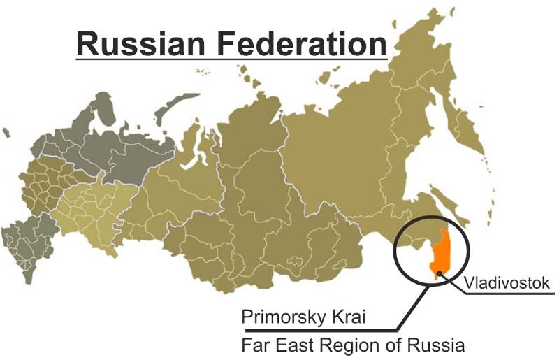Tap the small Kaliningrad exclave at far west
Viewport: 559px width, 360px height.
click(x=6, y=132)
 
